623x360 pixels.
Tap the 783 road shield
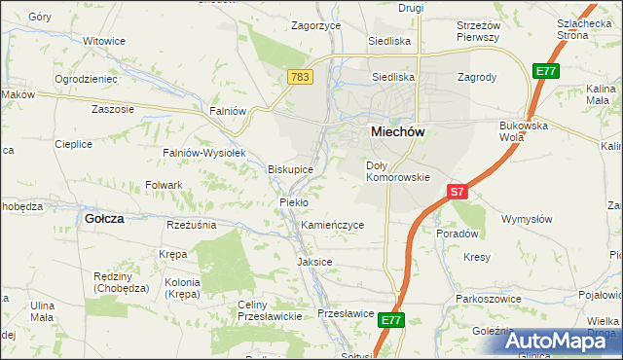click(299, 75)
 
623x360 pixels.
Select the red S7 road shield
click(458, 192)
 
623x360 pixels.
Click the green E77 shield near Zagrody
click(545, 71)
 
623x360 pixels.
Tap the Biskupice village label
click(290, 169)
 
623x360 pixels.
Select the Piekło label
click(294, 202)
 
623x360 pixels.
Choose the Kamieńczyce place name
click(332, 225)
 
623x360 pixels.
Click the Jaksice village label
click(314, 262)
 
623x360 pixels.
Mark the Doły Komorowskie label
click(397, 171)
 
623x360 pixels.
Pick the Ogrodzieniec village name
click(86, 79)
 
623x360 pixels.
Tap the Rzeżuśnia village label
click(191, 225)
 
